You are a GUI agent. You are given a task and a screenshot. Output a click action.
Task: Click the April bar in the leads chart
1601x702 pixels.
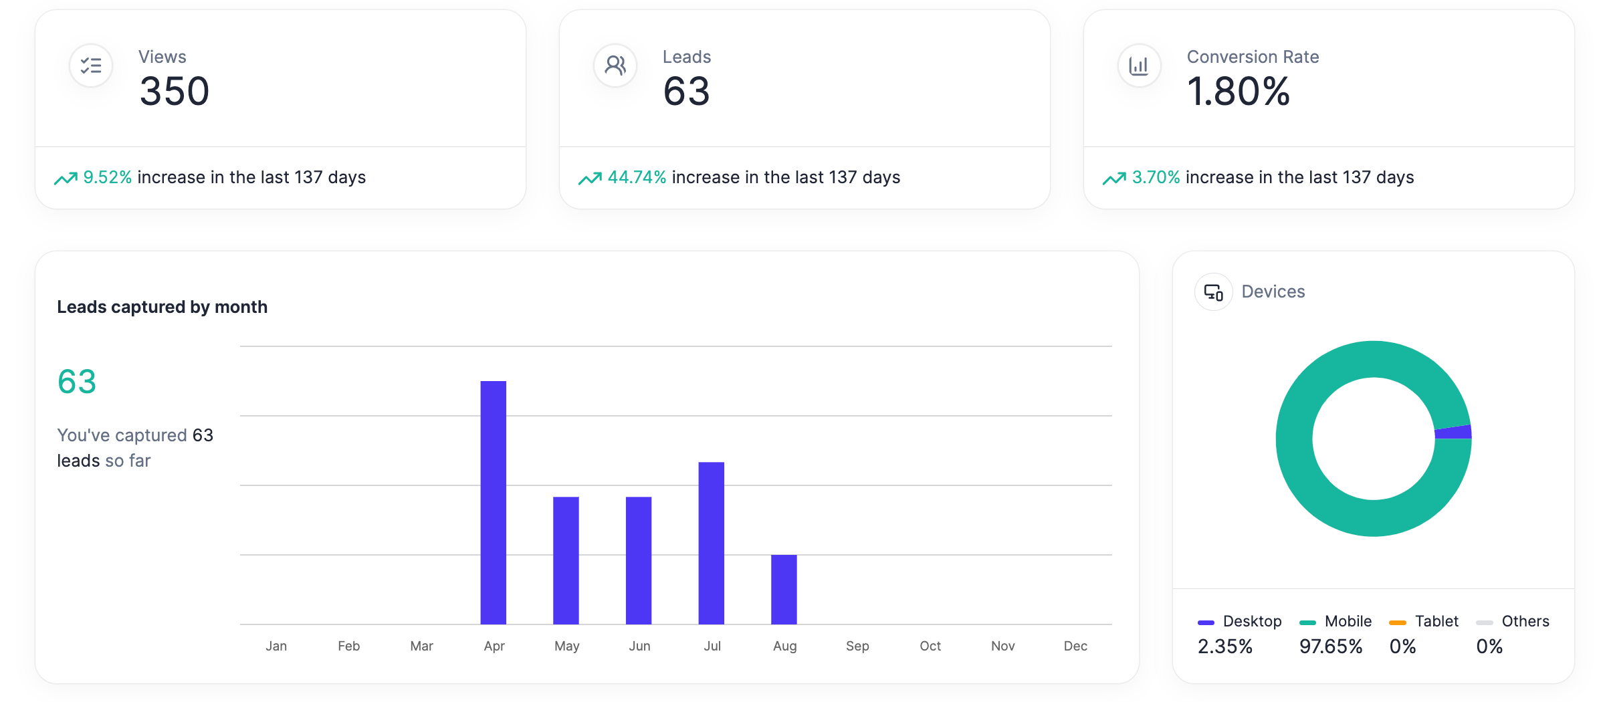point(493,502)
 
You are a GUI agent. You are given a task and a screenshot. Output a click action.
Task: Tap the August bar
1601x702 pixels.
point(784,589)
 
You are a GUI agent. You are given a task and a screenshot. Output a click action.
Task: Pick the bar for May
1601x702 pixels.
point(566,560)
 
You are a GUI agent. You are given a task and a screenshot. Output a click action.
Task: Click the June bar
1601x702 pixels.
point(639,560)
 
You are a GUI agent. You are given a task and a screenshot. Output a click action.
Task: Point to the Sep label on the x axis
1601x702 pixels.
point(857,646)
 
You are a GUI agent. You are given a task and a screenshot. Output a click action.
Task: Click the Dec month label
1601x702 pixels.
point(1075,646)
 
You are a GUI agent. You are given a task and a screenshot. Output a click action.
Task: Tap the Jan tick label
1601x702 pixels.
point(276,646)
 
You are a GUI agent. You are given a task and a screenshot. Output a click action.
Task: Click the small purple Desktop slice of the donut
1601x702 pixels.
point(1453,433)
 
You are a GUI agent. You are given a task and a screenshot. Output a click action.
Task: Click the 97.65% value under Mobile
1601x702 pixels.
point(1330,647)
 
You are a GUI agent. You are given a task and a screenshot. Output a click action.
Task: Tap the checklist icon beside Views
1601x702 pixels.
point(91,66)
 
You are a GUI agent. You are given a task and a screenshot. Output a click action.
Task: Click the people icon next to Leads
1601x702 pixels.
point(615,66)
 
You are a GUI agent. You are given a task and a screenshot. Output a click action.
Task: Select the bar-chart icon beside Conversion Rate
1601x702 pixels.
point(1139,66)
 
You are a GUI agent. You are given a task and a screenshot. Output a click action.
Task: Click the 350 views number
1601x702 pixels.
point(175,92)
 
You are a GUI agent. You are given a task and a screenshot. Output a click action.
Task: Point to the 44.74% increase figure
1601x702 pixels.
point(637,177)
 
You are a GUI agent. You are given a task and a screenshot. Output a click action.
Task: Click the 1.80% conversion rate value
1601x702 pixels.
point(1238,92)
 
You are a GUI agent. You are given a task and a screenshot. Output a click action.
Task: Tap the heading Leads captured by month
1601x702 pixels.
point(162,307)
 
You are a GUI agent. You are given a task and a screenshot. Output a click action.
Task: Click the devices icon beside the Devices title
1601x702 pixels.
point(1213,292)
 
